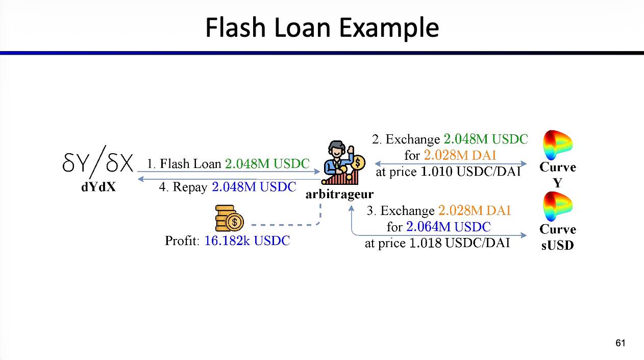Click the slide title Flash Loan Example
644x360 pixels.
[x=322, y=28]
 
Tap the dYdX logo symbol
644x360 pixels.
[x=98, y=162]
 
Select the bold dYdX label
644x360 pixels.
[x=98, y=187]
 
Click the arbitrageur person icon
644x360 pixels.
[x=343, y=162]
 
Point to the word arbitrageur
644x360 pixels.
[x=339, y=194]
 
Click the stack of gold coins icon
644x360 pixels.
[x=229, y=218]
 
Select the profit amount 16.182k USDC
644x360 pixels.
[x=247, y=241]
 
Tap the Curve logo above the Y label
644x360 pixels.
[x=557, y=145]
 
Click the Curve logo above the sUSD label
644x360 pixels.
[x=557, y=207]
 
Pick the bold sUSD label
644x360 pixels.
[x=557, y=245]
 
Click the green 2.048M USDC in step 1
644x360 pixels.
[x=267, y=164]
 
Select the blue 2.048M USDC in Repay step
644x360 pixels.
[x=254, y=187]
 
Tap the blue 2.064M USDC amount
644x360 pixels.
[x=448, y=227]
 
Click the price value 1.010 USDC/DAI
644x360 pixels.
[x=470, y=172]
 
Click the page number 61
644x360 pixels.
[x=621, y=343]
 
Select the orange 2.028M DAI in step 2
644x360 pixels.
[x=460, y=155]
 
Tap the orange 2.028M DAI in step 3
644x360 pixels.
[x=475, y=211]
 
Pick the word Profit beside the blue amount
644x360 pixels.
[x=182, y=241]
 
